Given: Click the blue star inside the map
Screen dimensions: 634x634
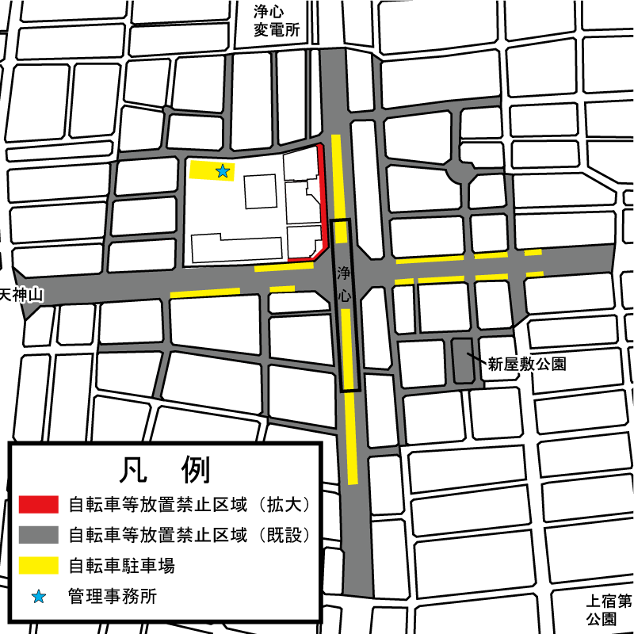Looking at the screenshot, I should (x=223, y=170).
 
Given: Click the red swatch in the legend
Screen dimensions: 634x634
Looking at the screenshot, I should (x=38, y=504).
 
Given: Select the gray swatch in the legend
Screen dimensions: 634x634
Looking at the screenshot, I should (x=38, y=534).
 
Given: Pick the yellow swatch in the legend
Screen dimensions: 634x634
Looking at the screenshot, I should (x=38, y=566).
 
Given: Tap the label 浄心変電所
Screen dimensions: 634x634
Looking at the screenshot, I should (x=277, y=22).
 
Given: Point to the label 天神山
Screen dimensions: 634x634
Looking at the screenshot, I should (x=21, y=295).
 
